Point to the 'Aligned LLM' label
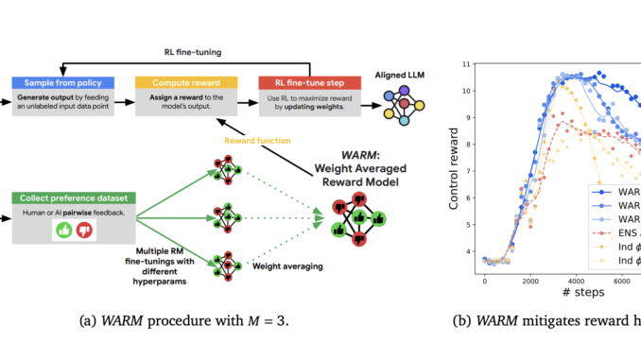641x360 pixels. coord(403,84)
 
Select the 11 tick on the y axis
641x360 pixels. coord(468,64)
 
